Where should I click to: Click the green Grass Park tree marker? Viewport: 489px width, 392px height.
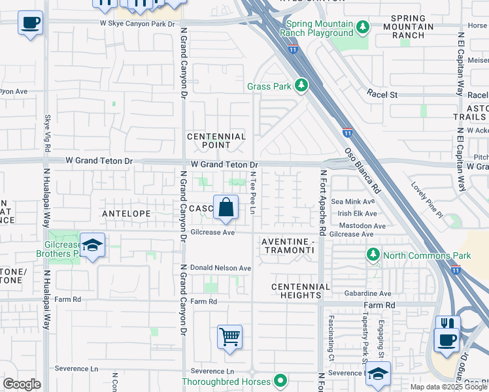(301, 86)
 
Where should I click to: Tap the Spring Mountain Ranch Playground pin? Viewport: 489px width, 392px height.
(362, 27)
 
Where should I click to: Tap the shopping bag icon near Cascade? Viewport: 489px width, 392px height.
(225, 208)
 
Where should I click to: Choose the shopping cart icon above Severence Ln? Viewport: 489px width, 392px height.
(230, 337)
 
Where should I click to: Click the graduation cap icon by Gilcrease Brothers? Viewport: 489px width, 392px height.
(93, 245)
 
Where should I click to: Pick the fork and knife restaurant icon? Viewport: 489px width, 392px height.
(448, 325)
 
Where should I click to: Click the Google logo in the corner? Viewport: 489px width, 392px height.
(22, 384)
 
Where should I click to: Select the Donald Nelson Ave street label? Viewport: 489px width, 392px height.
(221, 269)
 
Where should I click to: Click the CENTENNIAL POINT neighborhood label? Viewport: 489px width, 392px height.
(216, 140)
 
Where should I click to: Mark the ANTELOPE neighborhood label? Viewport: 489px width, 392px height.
(126, 214)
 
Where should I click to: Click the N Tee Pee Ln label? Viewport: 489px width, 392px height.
(252, 191)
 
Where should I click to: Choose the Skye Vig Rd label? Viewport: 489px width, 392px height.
(47, 135)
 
